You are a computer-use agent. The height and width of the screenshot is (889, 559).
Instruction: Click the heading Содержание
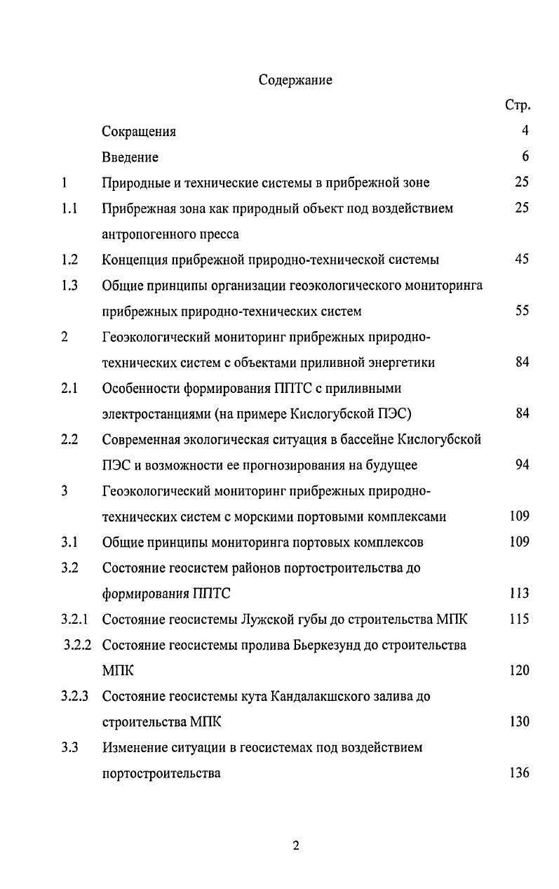295,80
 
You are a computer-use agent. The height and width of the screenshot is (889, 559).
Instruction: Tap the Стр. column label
517,106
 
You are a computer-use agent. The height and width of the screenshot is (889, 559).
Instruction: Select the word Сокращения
139,132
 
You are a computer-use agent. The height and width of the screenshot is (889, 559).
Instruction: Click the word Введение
130,157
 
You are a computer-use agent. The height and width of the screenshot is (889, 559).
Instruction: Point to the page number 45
521,260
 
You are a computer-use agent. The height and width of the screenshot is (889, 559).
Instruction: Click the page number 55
521,311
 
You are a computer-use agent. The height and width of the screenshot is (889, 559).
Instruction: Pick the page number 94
521,464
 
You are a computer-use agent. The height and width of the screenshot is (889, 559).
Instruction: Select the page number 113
519,594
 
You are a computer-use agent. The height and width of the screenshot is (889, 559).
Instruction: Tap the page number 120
519,671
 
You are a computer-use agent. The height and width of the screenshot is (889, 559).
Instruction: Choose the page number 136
519,773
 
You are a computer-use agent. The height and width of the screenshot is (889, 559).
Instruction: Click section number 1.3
69,286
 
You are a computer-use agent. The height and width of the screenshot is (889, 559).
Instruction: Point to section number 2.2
69,439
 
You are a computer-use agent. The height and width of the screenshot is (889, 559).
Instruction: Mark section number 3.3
69,747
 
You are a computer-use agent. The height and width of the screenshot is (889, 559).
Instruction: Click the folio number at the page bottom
295,846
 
